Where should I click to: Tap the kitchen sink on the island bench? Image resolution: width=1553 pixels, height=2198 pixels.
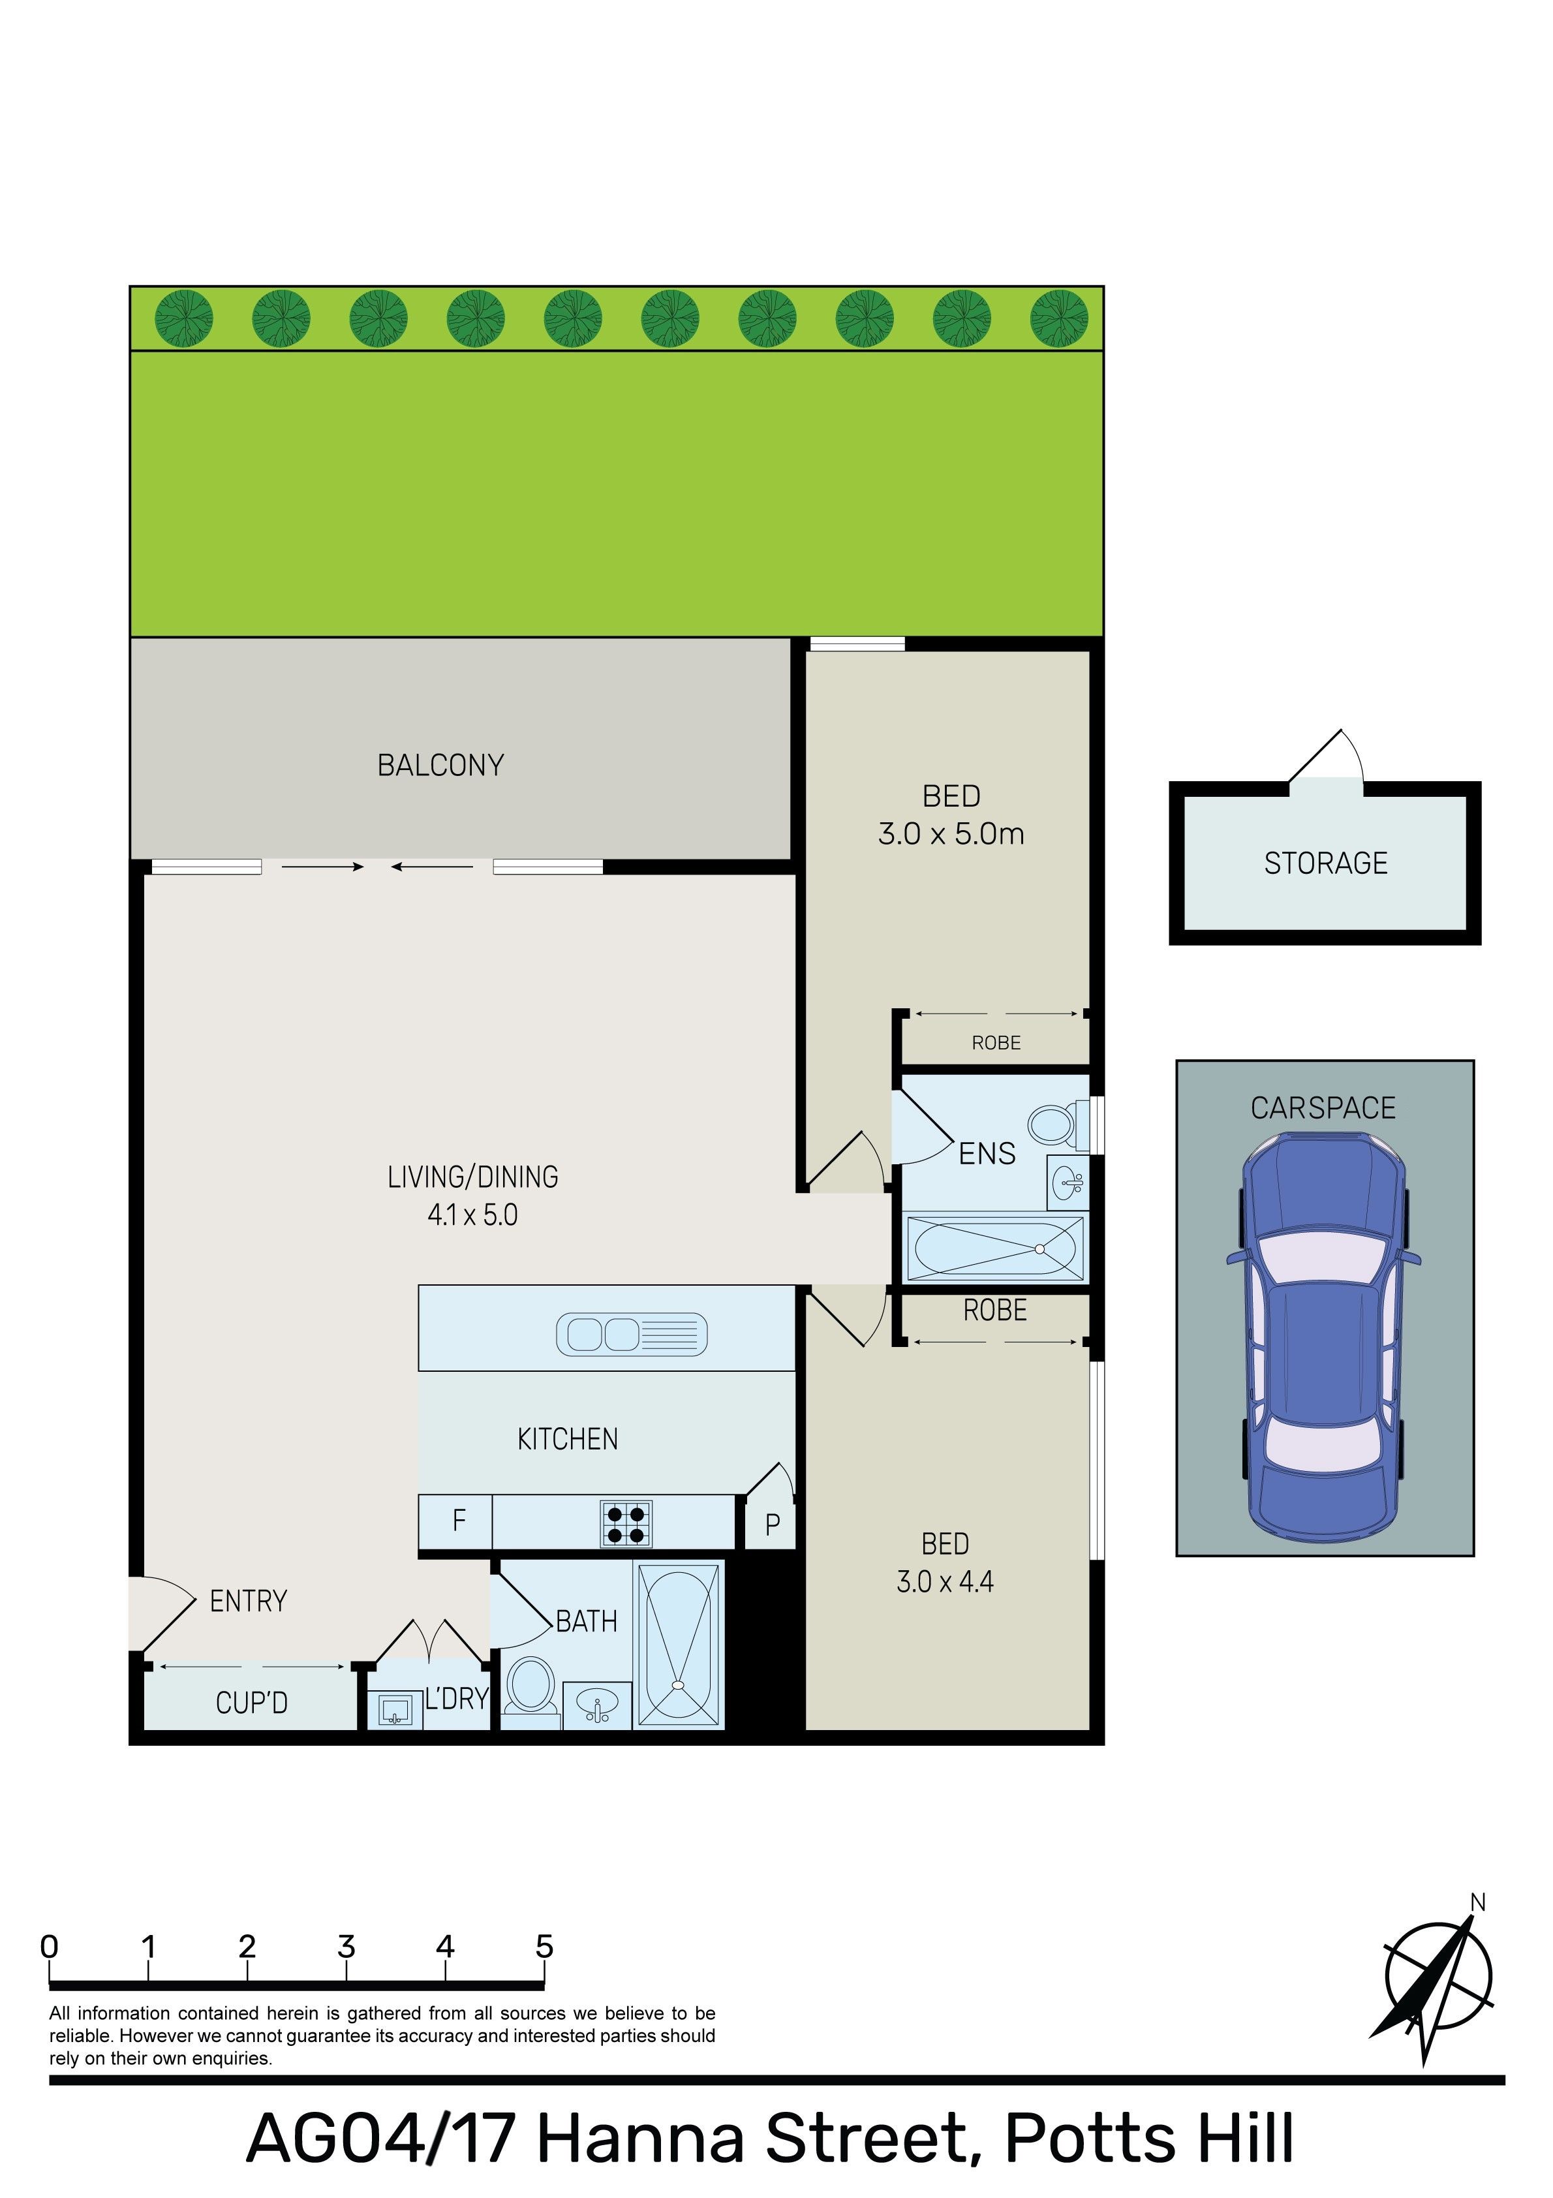(632, 1335)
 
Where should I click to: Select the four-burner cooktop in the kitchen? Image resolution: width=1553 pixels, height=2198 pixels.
(626, 1523)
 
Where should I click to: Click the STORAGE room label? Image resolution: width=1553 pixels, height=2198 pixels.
(1325, 863)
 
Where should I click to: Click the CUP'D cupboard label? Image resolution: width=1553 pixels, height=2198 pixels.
(252, 1703)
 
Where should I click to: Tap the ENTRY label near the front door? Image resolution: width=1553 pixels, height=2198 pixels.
(248, 1601)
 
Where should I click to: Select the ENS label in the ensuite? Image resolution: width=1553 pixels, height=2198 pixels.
(987, 1154)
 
